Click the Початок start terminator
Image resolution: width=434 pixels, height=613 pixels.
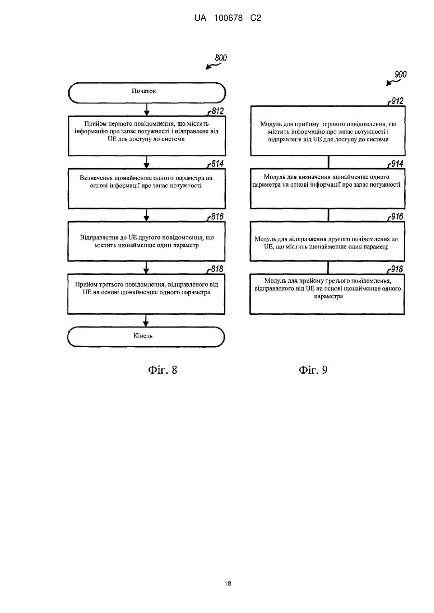147,93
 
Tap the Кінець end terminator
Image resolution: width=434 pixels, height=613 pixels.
146,337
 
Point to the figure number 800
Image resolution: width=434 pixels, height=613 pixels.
221,58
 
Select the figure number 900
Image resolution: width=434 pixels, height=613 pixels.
401,74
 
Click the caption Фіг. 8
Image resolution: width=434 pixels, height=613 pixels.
163,370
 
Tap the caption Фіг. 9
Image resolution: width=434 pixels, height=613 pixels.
313,370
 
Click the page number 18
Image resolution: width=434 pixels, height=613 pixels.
228,584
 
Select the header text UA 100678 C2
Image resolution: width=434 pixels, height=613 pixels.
228,18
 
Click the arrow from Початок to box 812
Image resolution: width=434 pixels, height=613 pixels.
147,109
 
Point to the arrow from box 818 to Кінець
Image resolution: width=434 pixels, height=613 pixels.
145,320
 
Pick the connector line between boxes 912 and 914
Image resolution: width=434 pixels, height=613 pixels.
329,162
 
